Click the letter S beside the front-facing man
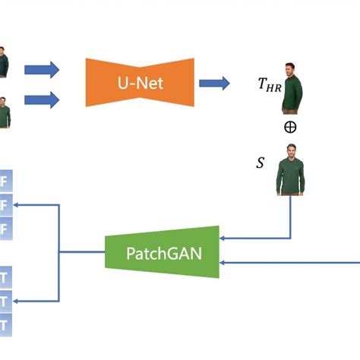[x=261, y=163]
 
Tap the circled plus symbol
[x=290, y=127]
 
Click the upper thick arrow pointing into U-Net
[x=41, y=71]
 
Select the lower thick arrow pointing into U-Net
[x=41, y=99]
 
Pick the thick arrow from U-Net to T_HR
[x=214, y=84]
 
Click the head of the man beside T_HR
[x=290, y=69]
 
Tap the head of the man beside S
[x=290, y=151]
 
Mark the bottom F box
[x=5, y=228]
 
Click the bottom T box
[x=5, y=325]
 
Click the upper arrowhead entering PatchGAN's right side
[x=223, y=238]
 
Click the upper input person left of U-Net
[x=4, y=62]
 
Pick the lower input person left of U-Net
[x=4, y=112]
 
